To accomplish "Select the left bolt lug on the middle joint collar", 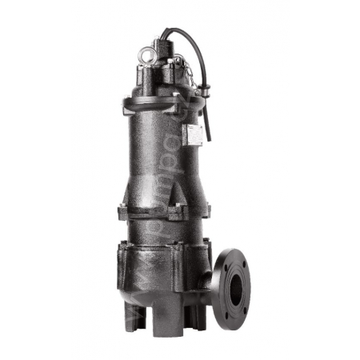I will click(122, 213).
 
